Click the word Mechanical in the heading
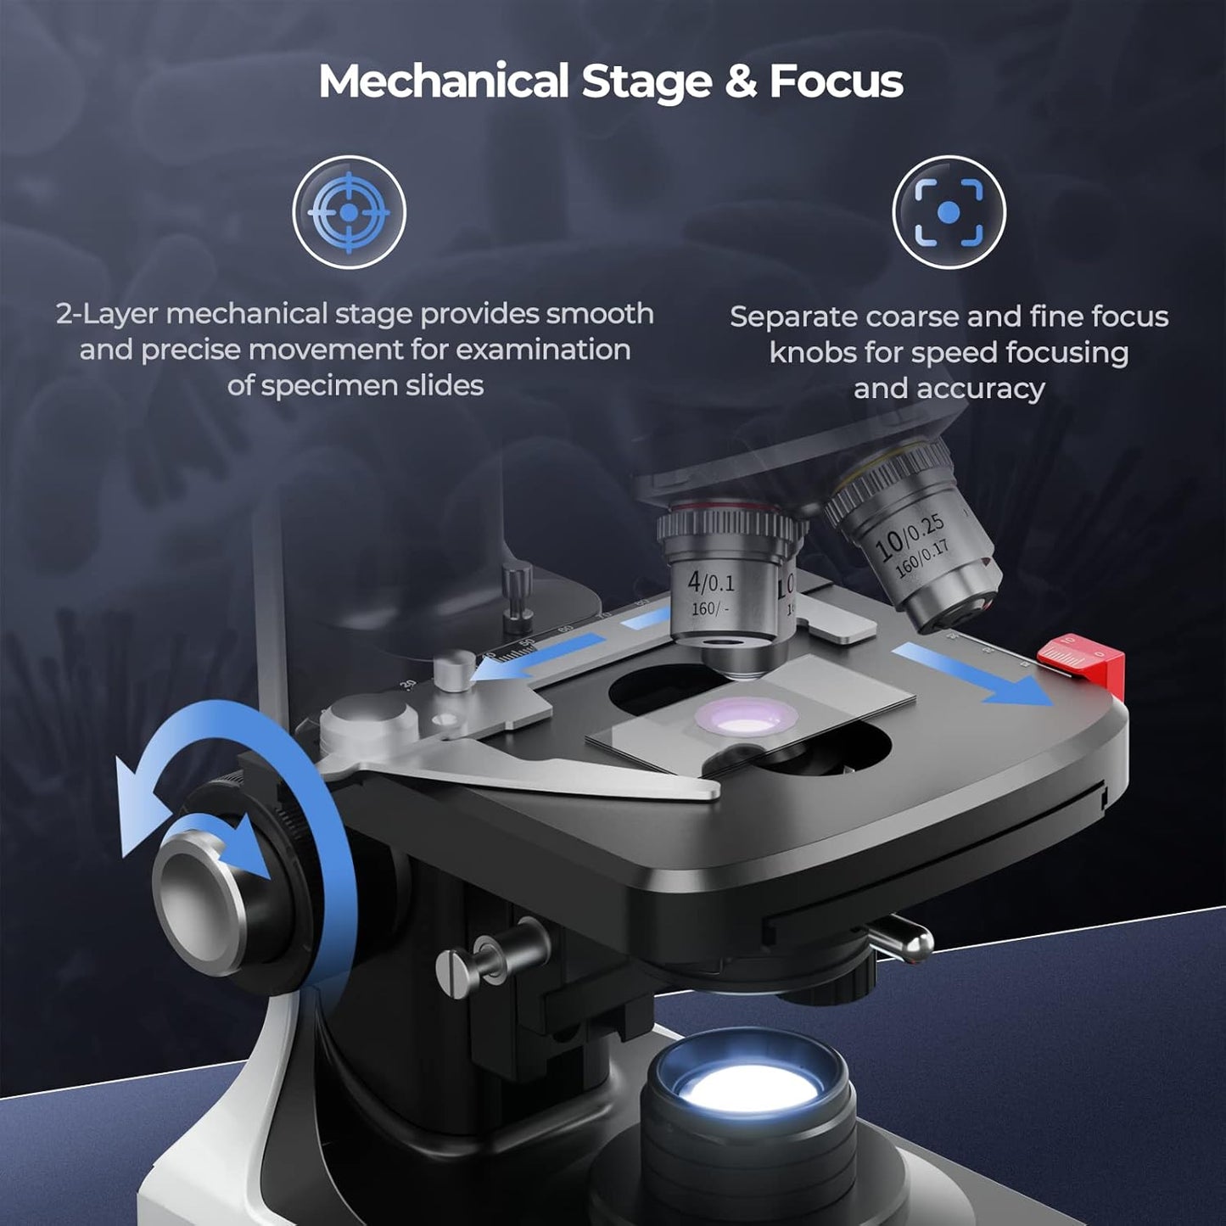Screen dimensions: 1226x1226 pos(443,81)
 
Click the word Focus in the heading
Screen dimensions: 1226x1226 pos(836,81)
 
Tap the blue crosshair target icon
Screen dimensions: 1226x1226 pos(350,211)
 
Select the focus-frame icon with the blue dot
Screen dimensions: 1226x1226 pos(949,211)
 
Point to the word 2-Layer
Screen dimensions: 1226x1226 pos(107,314)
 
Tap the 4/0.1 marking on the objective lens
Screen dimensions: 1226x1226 pos(711,582)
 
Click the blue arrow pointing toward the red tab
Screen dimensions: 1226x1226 pos(976,673)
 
